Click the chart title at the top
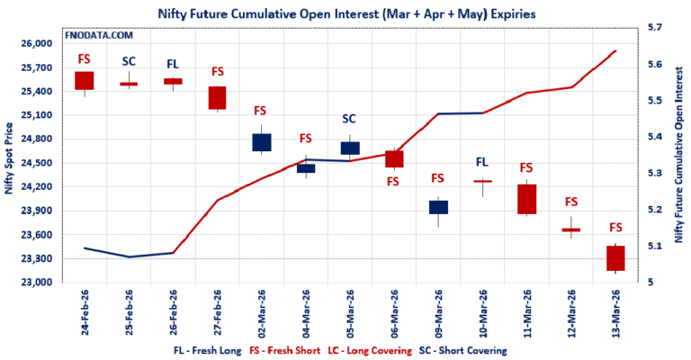(x=345, y=13)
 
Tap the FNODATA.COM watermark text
(x=99, y=35)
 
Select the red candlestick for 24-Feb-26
(x=85, y=80)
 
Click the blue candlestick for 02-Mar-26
(x=262, y=142)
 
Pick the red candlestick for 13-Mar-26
(x=615, y=258)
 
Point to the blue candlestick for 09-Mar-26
(x=438, y=207)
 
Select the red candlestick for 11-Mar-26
(x=526, y=199)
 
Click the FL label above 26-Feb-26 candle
(x=173, y=64)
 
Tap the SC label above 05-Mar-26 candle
(x=349, y=119)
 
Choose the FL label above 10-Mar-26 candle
(x=481, y=162)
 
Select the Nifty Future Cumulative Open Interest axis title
(x=679, y=155)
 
